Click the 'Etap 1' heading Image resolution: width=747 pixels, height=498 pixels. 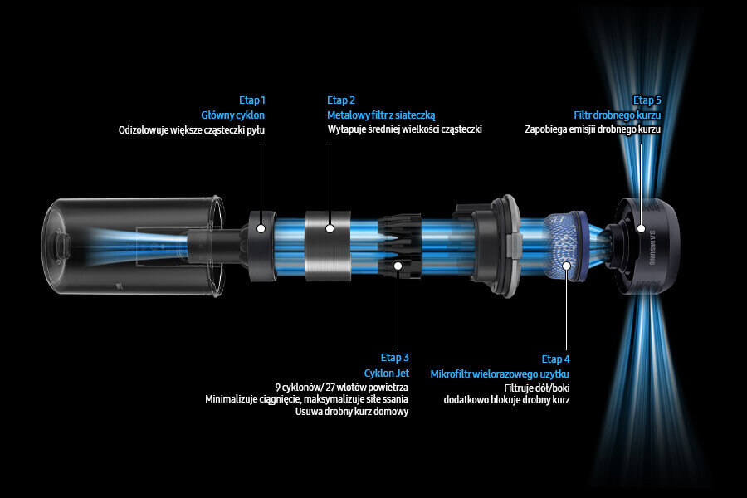point(251,100)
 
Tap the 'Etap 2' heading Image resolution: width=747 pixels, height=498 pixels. point(340,100)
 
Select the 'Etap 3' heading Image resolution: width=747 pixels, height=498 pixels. point(394,358)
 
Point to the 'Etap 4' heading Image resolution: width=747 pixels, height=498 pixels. point(555,359)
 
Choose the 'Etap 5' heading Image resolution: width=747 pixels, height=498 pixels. point(647,100)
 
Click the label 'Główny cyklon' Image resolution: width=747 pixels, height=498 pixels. point(232,115)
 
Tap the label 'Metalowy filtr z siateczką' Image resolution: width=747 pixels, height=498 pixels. point(381,115)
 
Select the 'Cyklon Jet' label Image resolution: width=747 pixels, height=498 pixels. point(386,373)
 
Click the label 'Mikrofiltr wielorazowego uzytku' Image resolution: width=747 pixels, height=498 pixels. point(500,373)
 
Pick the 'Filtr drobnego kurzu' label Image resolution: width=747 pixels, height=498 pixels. point(617,115)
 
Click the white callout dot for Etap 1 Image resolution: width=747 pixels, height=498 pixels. point(261,228)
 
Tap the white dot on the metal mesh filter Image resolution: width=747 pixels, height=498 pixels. point(330,228)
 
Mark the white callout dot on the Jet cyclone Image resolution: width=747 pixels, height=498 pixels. point(398,265)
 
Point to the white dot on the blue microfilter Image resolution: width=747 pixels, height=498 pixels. point(566,266)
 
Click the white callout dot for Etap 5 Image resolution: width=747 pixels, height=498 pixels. point(642,228)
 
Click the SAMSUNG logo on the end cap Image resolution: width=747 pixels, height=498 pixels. point(652,247)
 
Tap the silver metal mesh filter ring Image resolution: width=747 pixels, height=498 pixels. point(328,246)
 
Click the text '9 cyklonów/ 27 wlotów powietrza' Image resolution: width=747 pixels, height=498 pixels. point(341,388)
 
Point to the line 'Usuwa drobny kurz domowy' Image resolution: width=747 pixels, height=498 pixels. point(352,412)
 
